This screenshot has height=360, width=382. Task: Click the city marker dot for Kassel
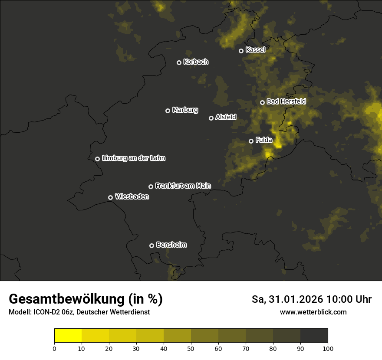tap(241, 51)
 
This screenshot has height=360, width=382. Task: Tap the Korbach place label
tap(196, 62)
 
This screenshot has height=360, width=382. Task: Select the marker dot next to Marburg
tap(168, 111)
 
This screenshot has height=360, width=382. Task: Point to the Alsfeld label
tap(226, 117)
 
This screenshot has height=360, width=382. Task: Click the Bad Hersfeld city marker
tap(262, 102)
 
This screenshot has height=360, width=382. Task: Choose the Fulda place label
tap(264, 140)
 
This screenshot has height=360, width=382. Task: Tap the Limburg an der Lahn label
tap(134, 158)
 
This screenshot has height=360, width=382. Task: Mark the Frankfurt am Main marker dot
tap(151, 187)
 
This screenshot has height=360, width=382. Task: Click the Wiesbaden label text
tap(132, 197)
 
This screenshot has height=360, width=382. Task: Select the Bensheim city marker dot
tap(151, 245)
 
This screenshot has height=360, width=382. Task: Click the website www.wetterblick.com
tap(313, 312)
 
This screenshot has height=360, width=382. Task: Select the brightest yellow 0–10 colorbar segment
tap(68, 336)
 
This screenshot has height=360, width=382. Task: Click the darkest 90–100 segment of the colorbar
tap(314, 336)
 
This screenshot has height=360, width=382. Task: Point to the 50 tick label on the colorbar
tap(191, 348)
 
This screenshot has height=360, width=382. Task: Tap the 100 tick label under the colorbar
tap(328, 348)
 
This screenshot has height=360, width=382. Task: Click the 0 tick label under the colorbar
tap(54, 348)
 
